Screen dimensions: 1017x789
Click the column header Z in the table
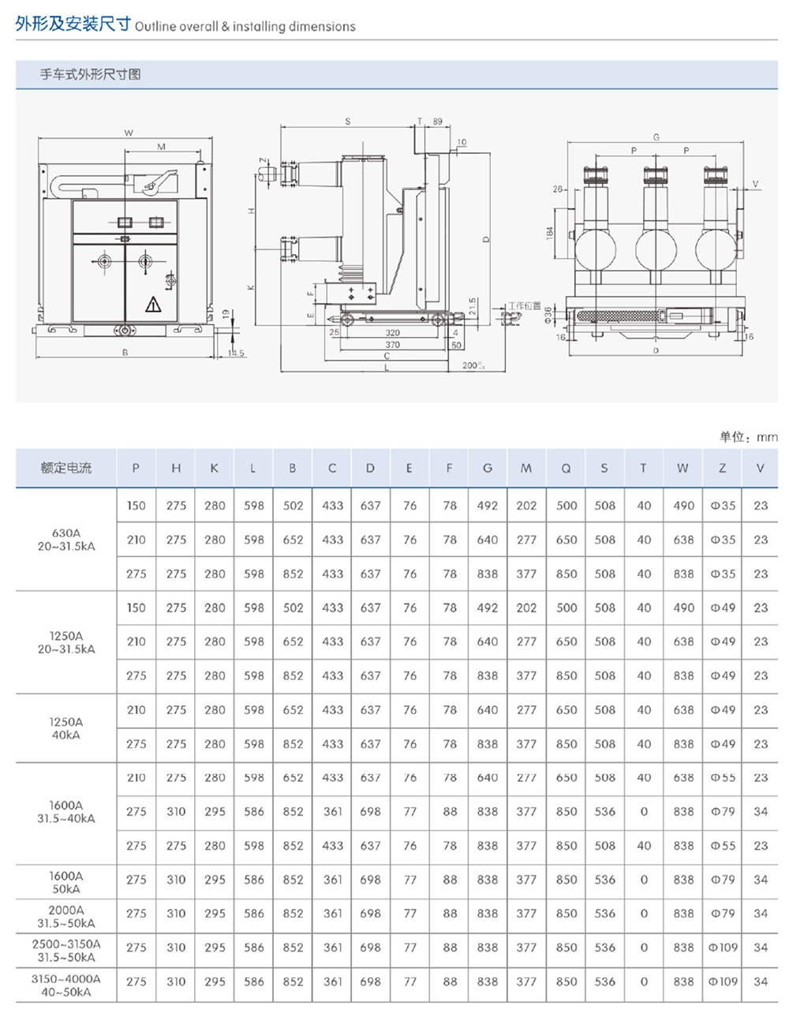tap(722, 468)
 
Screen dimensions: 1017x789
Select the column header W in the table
tap(682, 468)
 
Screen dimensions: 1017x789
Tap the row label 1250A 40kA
tap(65, 727)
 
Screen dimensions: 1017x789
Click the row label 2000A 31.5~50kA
tap(65, 916)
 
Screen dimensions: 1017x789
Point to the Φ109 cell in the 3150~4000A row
tap(722, 981)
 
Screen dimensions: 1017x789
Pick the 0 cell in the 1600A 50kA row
tap(644, 879)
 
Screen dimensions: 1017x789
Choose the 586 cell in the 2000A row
tap(253, 913)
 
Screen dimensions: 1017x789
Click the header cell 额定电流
tap(65, 468)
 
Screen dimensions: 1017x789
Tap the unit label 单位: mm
tap(748, 436)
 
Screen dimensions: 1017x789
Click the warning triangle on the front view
tap(153, 305)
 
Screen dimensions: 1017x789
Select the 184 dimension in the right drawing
tap(550, 234)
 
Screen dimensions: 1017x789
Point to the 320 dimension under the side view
tap(392, 333)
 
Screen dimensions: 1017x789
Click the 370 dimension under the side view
tap(392, 345)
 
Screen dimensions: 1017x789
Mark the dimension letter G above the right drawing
tap(656, 137)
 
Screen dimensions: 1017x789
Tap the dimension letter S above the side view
tap(348, 122)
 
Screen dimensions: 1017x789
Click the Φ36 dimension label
tap(548, 315)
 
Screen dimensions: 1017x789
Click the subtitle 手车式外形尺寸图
tap(91, 75)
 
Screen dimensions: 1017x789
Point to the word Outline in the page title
tap(155, 26)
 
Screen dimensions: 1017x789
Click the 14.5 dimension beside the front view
tap(236, 353)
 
